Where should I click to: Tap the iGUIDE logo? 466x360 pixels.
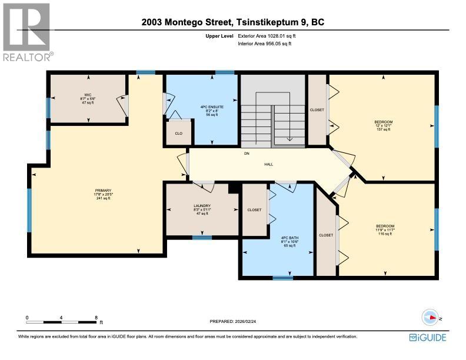428,337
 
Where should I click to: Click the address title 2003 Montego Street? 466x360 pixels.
232,22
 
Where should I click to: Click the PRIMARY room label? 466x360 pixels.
103,194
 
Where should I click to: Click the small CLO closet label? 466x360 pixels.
178,133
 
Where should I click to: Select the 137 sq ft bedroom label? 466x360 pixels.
383,125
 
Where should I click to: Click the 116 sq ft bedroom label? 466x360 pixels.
385,230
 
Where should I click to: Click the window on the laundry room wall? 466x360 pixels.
202,238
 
